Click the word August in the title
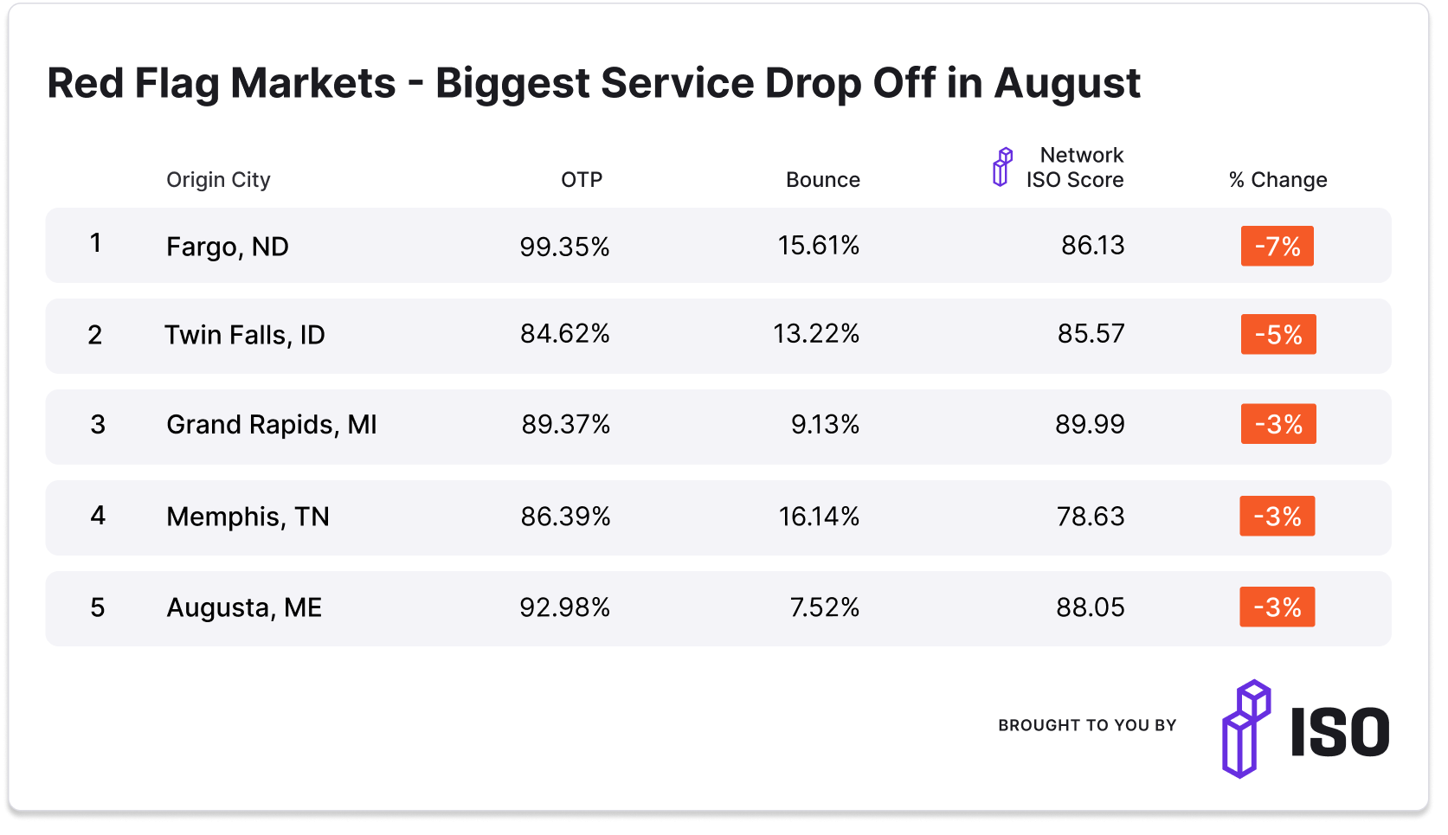pos(1066,85)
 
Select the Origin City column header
pos(218,180)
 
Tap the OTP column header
pos(581,180)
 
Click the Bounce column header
pos(822,180)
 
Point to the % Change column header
pos(1277,180)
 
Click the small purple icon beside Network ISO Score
pos(1001,167)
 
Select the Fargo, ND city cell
pos(227,247)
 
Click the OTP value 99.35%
pos(564,247)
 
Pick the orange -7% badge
pos(1277,246)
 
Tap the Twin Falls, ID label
pos(244,335)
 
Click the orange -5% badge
pos(1277,335)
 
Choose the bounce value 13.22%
pos(815,334)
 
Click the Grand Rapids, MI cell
pos(271,425)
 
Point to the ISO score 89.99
pos(1089,425)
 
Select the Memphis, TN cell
pos(248,517)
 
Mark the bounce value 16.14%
pos(818,517)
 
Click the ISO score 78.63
pos(1090,517)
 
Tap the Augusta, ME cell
pos(243,607)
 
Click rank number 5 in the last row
pos(98,607)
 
